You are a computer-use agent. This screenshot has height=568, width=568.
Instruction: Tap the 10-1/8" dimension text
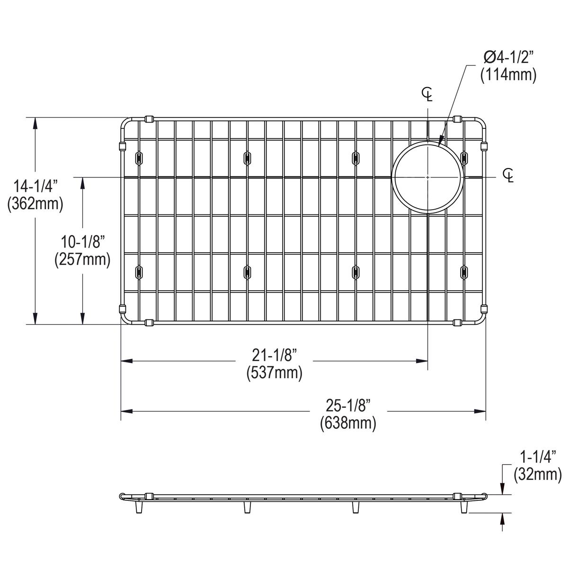[x=82, y=242]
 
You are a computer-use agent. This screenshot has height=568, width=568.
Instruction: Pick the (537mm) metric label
[x=274, y=373]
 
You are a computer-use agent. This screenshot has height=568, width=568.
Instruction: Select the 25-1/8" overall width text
[x=348, y=406]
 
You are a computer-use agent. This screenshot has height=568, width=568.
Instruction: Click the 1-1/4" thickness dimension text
[x=537, y=457]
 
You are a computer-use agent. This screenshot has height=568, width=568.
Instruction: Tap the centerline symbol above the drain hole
[x=427, y=95]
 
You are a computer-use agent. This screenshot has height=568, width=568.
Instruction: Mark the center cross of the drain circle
[x=427, y=177]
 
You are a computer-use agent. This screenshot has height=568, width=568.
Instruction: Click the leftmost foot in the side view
[x=139, y=507]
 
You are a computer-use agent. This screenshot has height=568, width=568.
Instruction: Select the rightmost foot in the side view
[x=464, y=507]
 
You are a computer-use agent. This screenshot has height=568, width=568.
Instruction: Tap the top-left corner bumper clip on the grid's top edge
[x=149, y=119]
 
